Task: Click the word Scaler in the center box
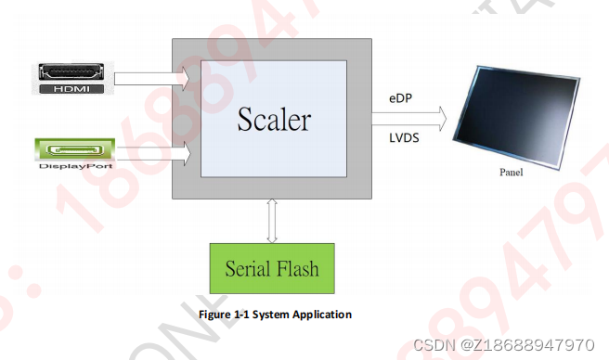(273, 120)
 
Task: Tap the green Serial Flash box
(271, 268)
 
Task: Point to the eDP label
(402, 97)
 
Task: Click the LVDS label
(405, 136)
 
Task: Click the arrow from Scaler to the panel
(409, 117)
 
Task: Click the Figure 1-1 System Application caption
(275, 315)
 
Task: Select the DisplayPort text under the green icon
(74, 166)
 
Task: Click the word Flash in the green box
(297, 269)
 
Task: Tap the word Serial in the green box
(248, 269)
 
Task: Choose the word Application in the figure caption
(319, 315)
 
